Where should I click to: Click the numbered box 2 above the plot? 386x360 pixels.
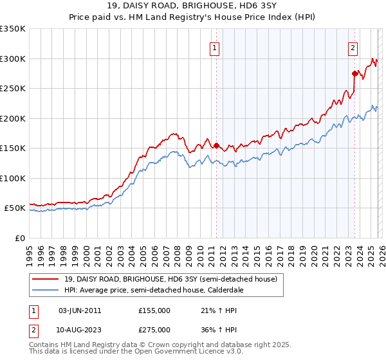coord(353,46)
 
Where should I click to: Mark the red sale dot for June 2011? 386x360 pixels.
coord(216,145)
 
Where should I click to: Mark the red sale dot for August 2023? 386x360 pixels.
coord(354,73)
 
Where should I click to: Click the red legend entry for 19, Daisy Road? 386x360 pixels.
coord(170,279)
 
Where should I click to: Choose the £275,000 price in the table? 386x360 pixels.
coord(154,330)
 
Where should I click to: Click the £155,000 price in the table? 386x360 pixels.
coord(154,310)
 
